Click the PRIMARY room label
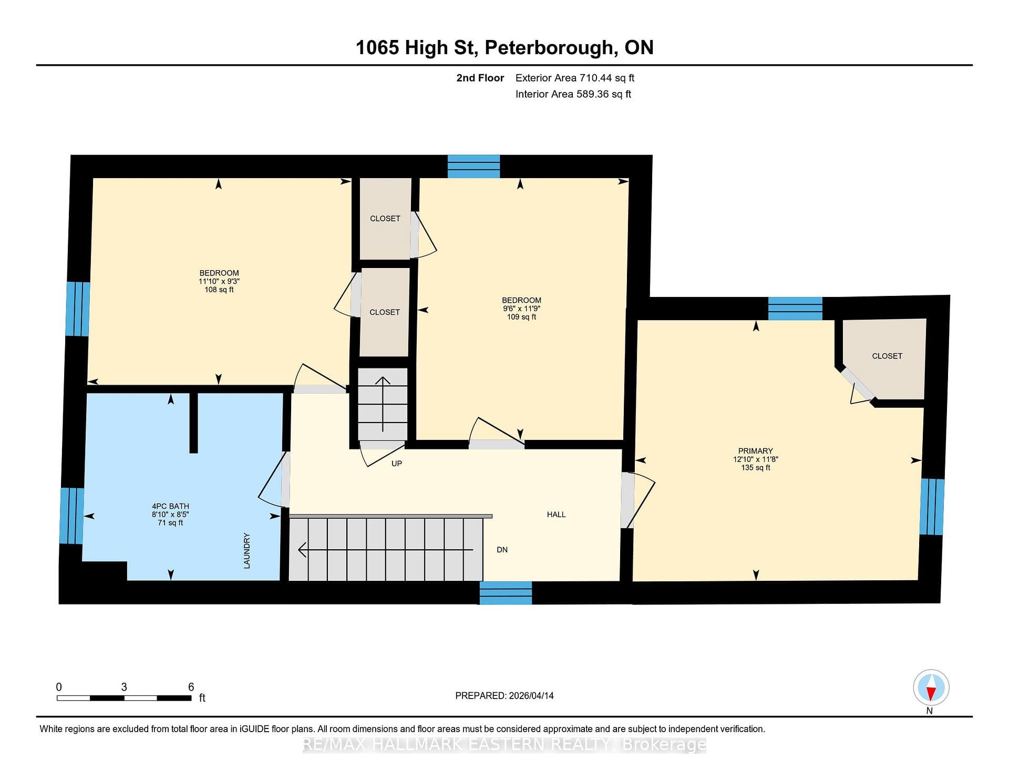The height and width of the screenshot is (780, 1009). [x=755, y=451]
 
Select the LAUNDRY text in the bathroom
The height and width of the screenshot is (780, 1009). [x=246, y=550]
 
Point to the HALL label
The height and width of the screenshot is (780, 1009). [x=556, y=515]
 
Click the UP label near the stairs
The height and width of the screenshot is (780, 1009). [x=397, y=464]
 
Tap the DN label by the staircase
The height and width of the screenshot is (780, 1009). [x=502, y=550]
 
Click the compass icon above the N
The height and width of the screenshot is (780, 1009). [x=931, y=687]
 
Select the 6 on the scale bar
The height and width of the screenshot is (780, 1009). [x=191, y=687]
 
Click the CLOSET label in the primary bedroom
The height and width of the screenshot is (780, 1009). [x=887, y=356]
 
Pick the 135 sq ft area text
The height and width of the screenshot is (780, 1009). [x=755, y=468]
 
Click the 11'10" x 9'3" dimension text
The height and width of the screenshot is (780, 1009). [x=219, y=281]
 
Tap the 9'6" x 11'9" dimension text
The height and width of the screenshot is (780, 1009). [x=521, y=309]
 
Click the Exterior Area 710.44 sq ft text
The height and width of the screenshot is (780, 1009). [x=575, y=78]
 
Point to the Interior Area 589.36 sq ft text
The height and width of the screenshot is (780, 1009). [x=573, y=94]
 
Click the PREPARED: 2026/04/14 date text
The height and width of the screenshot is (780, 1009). [x=504, y=695]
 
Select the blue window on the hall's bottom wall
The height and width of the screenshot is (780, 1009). [x=506, y=593]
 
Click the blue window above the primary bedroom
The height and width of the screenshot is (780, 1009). [x=795, y=309]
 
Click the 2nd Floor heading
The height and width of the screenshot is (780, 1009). [x=480, y=78]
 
